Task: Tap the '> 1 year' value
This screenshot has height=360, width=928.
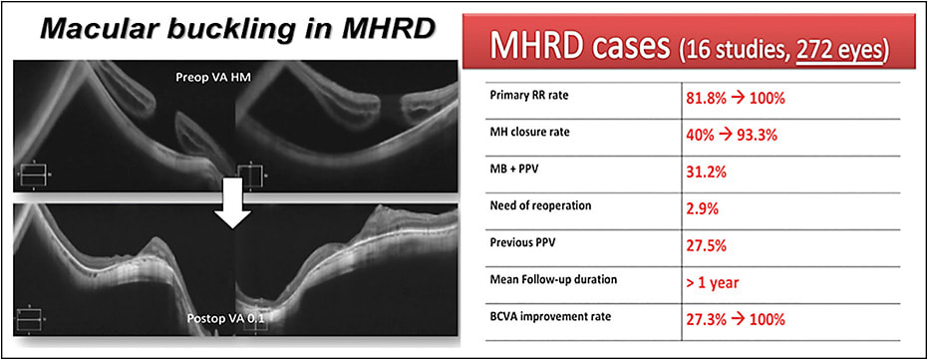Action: tap(714, 282)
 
